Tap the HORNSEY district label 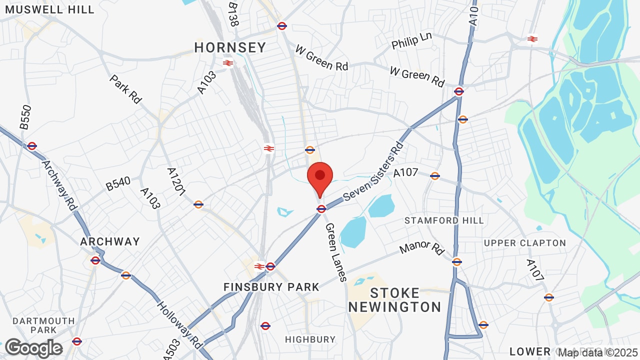click(x=230, y=48)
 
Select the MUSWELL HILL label click(x=47, y=9)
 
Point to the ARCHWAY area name click(x=110, y=242)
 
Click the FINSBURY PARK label click(x=271, y=287)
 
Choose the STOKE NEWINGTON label click(x=395, y=299)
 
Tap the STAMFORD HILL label click(x=444, y=220)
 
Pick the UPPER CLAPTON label click(x=525, y=243)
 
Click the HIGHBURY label click(x=310, y=339)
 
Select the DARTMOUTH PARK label click(x=43, y=325)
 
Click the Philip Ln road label click(x=411, y=41)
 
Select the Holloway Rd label click(x=178, y=324)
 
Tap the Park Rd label click(x=125, y=89)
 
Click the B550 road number click(x=25, y=117)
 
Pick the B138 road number click(x=232, y=14)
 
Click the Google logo click(x=33, y=348)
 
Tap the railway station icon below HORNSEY click(x=228, y=63)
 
